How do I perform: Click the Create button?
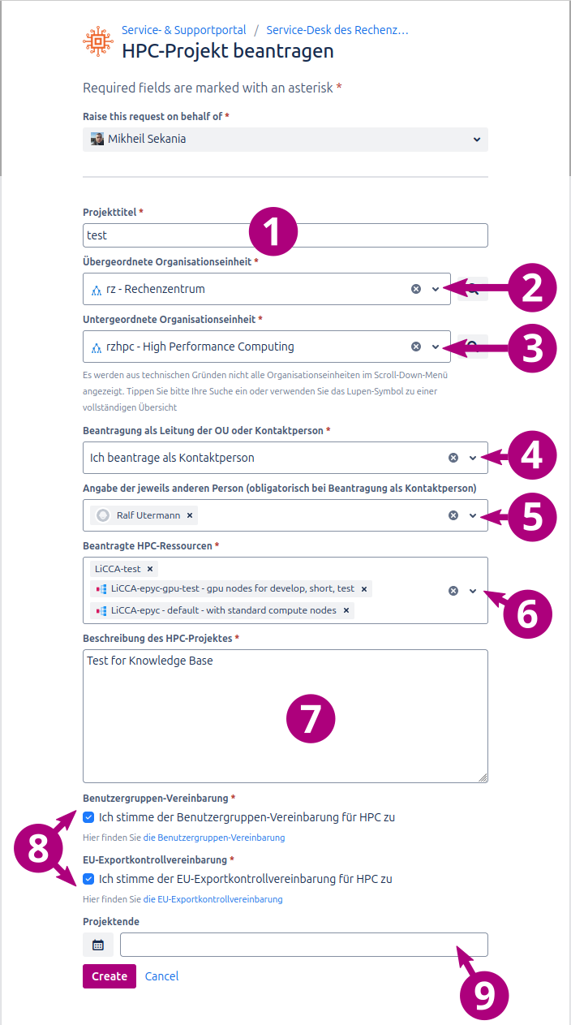[109, 976]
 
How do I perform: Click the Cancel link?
[161, 976]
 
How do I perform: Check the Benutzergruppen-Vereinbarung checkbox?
[88, 817]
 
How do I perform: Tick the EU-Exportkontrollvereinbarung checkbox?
[88, 879]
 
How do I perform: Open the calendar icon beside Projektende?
[98, 945]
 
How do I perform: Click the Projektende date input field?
[303, 945]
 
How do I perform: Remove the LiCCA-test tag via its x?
[150, 569]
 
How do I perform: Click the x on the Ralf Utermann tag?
[190, 515]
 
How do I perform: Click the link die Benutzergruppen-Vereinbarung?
[214, 838]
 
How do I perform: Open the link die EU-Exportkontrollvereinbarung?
[213, 899]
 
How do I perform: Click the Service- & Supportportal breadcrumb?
[184, 30]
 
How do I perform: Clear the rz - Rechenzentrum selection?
[416, 289]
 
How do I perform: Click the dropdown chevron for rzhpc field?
[436, 347]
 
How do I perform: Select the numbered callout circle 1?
[273, 230]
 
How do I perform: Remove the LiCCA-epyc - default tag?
[346, 610]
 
